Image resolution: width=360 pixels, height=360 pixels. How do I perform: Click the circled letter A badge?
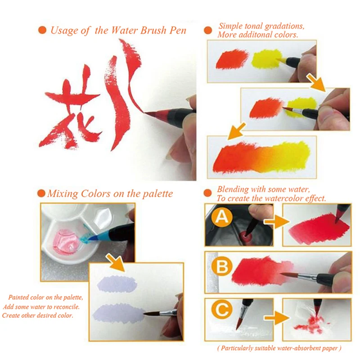point(222,217)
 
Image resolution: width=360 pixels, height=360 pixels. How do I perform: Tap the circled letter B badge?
point(222,266)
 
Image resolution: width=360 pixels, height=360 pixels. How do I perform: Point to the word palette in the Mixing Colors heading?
point(157,194)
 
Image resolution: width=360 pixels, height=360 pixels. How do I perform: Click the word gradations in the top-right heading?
point(284,27)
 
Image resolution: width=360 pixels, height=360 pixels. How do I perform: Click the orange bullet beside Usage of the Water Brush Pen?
point(42,30)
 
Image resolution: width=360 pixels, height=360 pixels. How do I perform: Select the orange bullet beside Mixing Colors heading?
point(41,193)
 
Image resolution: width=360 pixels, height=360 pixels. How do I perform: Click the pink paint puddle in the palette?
point(65,241)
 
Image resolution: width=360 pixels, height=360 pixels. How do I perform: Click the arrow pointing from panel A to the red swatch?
point(277,222)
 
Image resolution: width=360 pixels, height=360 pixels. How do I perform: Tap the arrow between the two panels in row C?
point(277,318)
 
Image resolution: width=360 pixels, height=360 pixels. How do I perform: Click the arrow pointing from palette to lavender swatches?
point(115,263)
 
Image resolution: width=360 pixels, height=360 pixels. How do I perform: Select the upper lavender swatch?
point(117,284)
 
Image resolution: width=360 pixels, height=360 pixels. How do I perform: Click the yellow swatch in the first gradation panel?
point(266,59)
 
